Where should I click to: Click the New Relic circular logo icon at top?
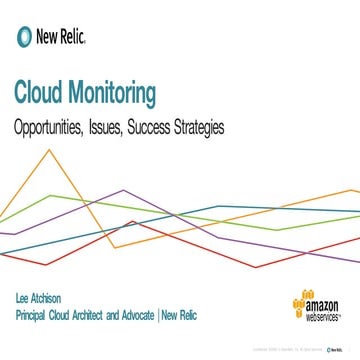pyautogui.click(x=23, y=37)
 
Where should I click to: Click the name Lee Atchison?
pyautogui.click(x=40, y=299)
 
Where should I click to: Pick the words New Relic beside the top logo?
pyautogui.click(x=60, y=38)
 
